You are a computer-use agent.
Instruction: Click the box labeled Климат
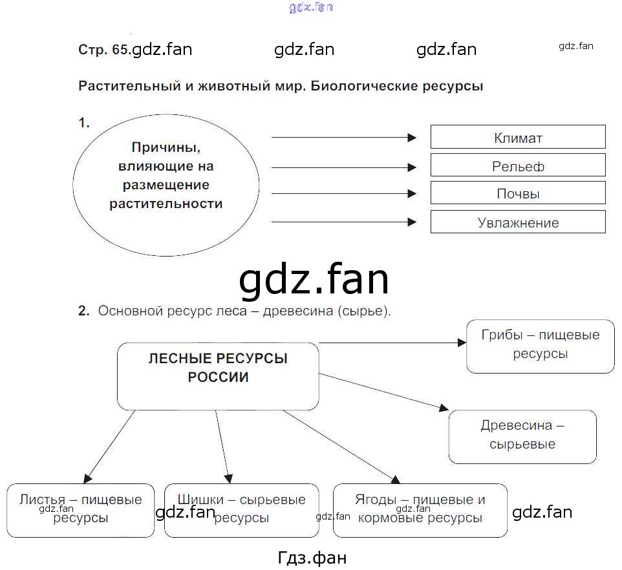518,137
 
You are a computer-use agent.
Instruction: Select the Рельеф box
518,165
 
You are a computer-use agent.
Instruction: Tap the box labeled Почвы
518,193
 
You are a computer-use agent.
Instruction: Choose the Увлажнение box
518,222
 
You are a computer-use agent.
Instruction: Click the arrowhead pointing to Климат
413,137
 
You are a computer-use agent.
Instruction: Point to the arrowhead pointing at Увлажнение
413,222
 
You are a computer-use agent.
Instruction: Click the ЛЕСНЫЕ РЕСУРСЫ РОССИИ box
218,375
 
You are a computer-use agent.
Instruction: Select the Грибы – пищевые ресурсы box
540,346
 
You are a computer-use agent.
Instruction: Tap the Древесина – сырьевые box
522,436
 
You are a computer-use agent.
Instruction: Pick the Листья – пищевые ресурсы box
81,510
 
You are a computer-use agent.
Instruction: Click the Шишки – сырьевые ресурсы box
241,510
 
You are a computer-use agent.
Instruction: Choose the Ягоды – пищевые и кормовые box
420,510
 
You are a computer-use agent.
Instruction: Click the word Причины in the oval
166,147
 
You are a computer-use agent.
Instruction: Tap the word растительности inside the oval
166,204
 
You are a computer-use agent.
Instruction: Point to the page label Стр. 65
103,50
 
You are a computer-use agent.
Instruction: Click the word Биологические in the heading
365,86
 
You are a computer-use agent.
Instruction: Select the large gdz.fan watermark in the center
314,280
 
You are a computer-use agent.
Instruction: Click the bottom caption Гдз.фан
311,556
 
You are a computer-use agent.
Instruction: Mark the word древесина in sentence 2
299,311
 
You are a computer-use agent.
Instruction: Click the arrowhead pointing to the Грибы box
462,343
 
